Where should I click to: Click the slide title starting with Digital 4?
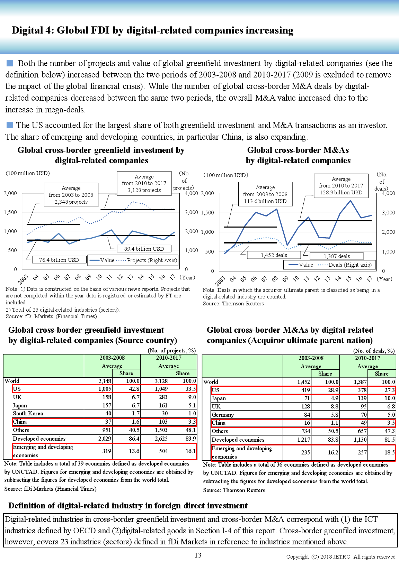coord(152,30)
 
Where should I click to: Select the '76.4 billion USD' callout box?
coord(59,260)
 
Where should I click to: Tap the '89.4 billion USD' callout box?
coord(144,249)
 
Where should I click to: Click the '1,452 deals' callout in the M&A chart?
coord(274,255)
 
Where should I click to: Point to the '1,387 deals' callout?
coord(337,256)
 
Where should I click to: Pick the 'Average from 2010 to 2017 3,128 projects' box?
coord(144,183)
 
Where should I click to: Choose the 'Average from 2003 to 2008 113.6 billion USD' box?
coord(265,194)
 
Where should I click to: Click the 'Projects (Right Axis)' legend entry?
coord(152,260)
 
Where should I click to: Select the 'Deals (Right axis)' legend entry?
coord(349,265)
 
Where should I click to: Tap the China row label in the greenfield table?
coord(20,422)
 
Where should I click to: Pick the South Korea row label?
coord(28,414)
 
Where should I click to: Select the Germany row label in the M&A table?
coord(223,415)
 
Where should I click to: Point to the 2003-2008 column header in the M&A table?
coord(311,358)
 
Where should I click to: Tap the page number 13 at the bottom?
coord(198,555)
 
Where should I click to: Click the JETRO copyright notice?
coord(341,557)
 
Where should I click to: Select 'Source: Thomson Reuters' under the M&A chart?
coord(233,304)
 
